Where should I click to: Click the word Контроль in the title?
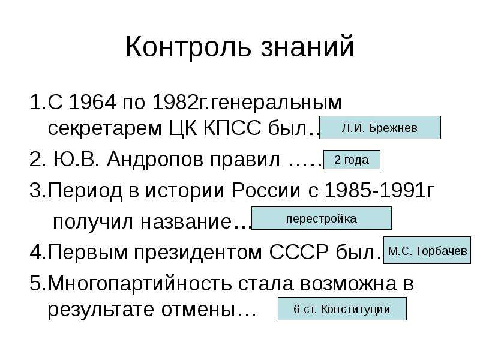point(188,47)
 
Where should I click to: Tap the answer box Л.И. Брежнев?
point(380,128)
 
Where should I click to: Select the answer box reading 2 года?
point(352,160)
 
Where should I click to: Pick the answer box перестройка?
point(322,218)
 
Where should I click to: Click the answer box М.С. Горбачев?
point(427,250)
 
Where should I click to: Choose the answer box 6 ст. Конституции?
point(342,308)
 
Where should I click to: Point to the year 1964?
point(93,102)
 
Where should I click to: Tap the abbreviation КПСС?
point(232,128)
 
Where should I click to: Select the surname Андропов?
point(155,160)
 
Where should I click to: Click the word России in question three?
point(266,190)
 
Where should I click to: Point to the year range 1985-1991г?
point(380,190)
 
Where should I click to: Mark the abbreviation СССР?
point(299,252)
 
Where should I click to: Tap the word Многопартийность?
point(140,284)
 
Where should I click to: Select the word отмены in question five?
point(196,310)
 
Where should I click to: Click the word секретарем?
point(104,128)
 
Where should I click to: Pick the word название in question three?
point(186,222)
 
